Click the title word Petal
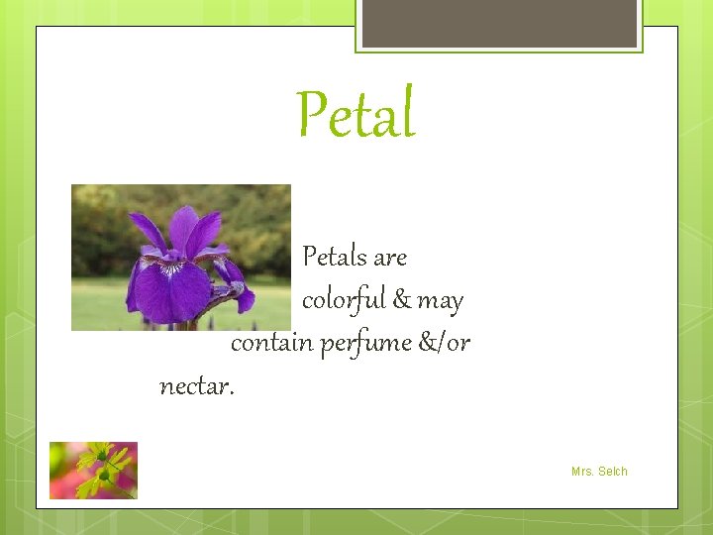356,115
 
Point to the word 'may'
441,301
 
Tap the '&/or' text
444,343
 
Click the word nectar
193,386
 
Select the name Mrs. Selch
599,472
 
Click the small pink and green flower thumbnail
93,470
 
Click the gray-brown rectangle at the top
499,23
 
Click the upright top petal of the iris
183,229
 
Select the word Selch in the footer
612,472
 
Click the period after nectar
232,392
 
